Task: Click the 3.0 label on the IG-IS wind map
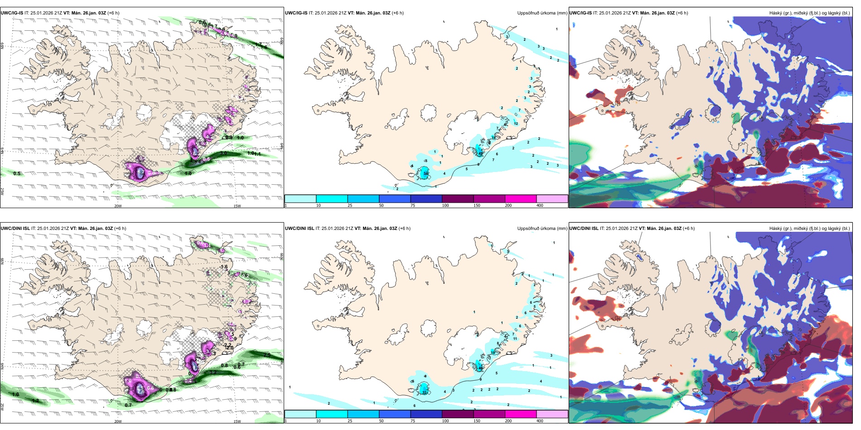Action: [x=223, y=153]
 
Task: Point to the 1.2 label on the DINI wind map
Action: [x=36, y=401]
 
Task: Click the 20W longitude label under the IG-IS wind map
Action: [x=118, y=206]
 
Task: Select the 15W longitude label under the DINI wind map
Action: [x=237, y=421]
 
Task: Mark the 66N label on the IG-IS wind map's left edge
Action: [x=2, y=46]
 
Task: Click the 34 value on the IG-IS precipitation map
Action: [x=425, y=173]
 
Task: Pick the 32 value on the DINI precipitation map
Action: [x=425, y=393]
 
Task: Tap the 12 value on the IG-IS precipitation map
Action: [x=516, y=124]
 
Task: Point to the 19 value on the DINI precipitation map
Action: [x=493, y=352]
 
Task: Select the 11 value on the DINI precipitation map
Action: [x=515, y=339]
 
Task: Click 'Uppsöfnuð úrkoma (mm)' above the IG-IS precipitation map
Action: [x=542, y=13]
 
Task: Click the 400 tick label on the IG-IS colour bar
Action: [x=540, y=205]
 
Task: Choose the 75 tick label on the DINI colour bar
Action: [x=413, y=421]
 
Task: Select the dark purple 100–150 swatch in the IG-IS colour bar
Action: [x=458, y=199]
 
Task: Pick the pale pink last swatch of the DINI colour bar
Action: [x=552, y=414]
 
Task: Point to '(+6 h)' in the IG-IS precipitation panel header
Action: [x=397, y=13]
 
